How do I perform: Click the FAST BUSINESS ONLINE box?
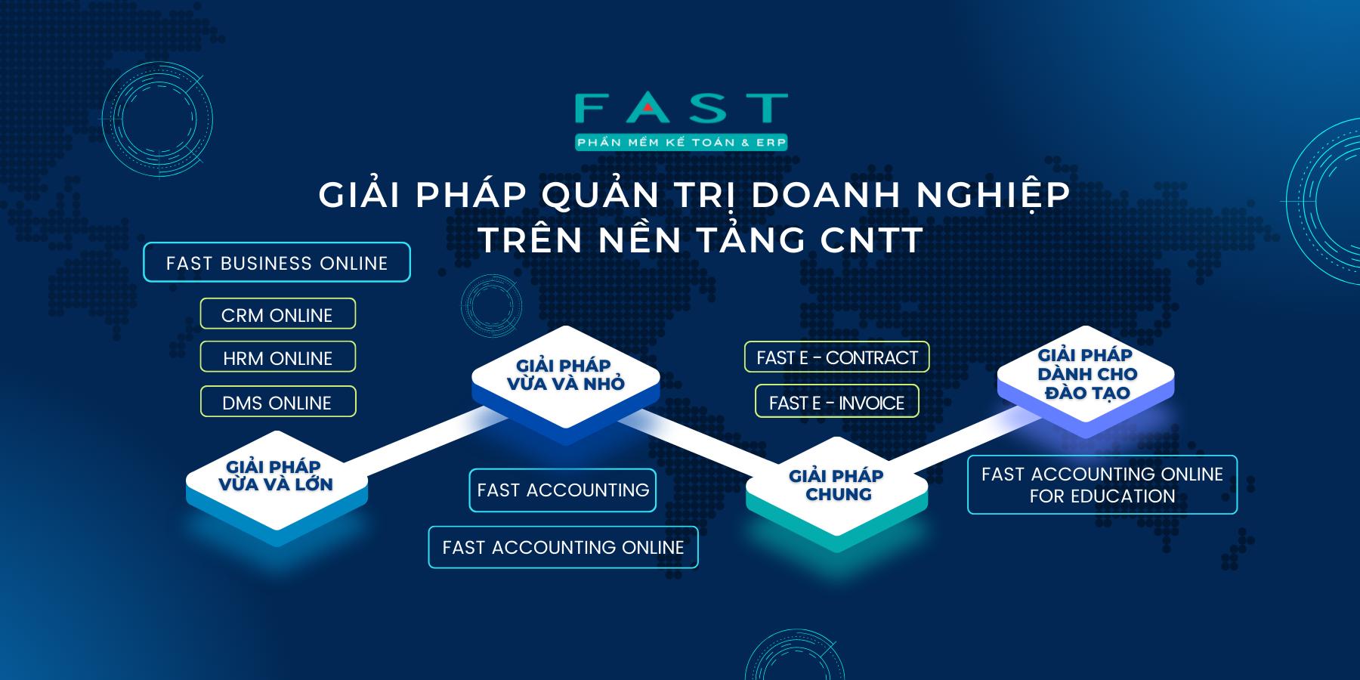coord(277,262)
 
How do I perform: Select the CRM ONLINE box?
coord(277,314)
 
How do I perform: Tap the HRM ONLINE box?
coord(277,357)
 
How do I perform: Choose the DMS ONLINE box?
coord(277,401)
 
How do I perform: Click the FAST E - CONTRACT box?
coord(837,357)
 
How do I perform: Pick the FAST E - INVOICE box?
coord(837,401)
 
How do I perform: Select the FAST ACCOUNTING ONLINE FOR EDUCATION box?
coord(1102,484)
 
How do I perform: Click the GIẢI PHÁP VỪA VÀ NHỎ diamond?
coord(565,375)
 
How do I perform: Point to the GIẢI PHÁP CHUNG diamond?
coord(836,485)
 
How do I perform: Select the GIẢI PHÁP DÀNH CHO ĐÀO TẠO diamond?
coord(1086,373)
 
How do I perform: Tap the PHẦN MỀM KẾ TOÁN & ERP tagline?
coord(682,142)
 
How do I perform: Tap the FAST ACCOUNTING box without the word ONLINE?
coord(562,490)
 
